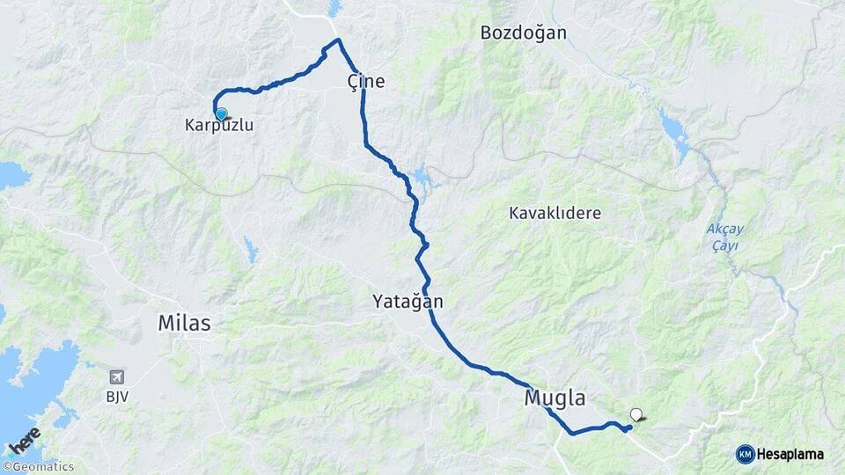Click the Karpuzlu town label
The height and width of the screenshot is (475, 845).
coord(219,126)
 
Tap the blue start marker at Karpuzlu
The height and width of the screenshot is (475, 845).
coord(221,113)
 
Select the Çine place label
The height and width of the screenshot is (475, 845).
coord(366,81)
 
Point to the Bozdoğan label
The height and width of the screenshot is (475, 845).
coord(523,33)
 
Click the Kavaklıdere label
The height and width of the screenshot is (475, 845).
coord(555,214)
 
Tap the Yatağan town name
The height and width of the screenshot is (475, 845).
coord(407,303)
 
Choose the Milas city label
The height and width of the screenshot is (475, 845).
coord(184,324)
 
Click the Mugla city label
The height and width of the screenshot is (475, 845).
coord(555,398)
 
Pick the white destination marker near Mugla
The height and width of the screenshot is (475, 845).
coord(636,414)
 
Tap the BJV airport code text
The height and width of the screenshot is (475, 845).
coord(117,397)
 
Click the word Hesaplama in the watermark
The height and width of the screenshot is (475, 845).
coord(790,454)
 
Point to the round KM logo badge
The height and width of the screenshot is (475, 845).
coord(745,454)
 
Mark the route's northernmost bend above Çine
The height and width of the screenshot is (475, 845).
coord(337,40)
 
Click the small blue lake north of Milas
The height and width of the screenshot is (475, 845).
coord(252,251)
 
